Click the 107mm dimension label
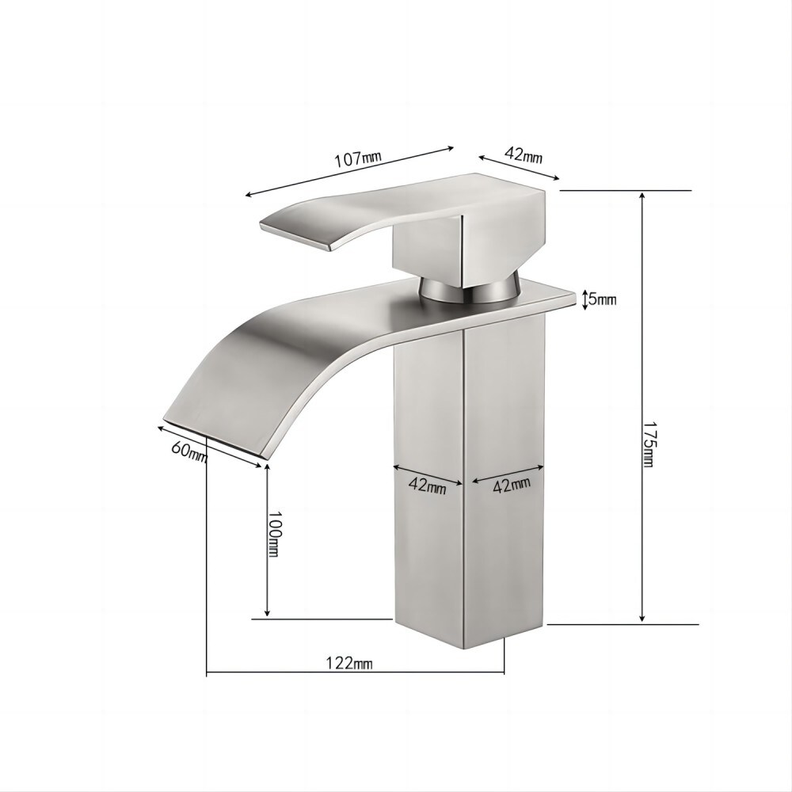click(357, 158)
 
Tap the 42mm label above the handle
click(523, 155)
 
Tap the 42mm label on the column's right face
click(512, 485)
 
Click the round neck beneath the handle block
click(467, 289)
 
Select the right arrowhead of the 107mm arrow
click(451, 147)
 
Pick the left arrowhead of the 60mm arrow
click(160, 428)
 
